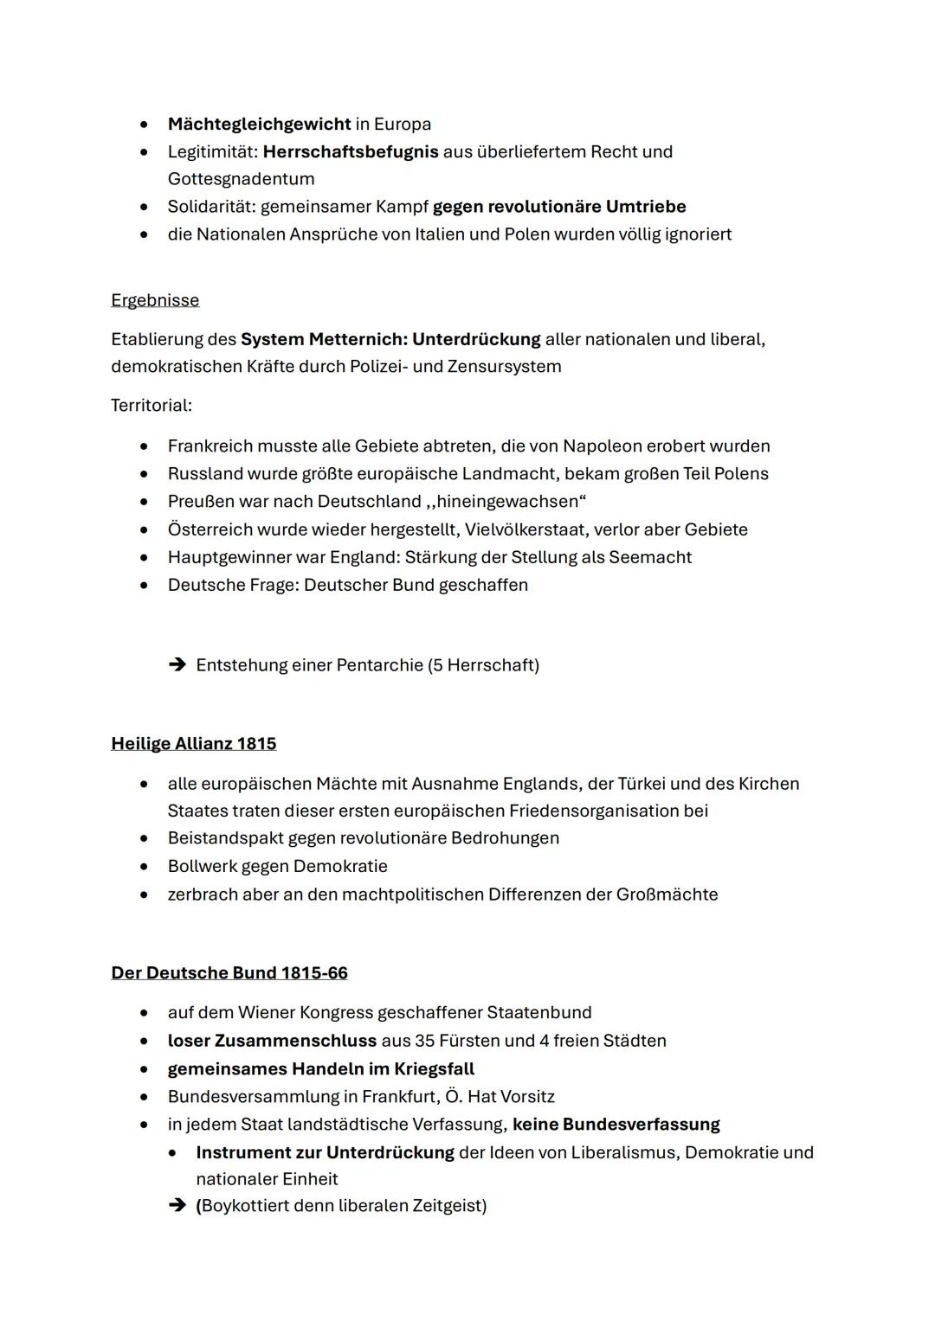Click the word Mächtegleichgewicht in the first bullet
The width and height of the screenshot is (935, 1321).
[x=259, y=124]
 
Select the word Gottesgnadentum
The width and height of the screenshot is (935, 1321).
[x=241, y=179]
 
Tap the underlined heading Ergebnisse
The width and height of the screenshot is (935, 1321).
[x=155, y=300]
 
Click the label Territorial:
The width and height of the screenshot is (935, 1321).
[x=152, y=405]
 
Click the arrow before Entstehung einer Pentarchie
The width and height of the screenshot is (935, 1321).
[x=177, y=665]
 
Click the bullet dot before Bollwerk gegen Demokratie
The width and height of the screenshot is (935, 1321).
[x=145, y=867]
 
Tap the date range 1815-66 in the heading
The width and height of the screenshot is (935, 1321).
[x=314, y=973]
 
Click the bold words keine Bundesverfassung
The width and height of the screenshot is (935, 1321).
[x=616, y=1125]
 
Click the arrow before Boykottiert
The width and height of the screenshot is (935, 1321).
[x=177, y=1206]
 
